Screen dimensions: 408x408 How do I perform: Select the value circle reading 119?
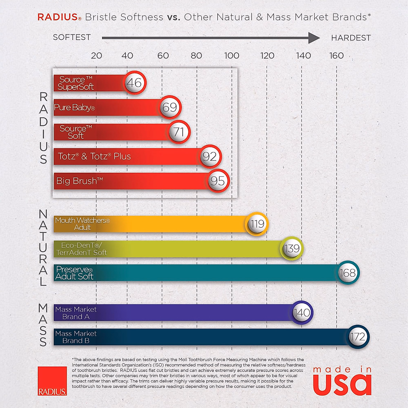click(x=257, y=224)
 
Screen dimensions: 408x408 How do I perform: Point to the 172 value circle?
click(x=358, y=337)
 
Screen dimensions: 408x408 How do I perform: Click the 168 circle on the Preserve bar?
click(x=348, y=273)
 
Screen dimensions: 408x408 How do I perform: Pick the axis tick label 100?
click(x=232, y=56)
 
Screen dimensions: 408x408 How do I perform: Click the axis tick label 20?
click(x=97, y=56)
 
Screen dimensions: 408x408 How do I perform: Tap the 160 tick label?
click(x=336, y=56)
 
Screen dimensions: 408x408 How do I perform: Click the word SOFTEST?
click(x=72, y=37)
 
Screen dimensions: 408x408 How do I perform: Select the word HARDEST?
click(x=351, y=38)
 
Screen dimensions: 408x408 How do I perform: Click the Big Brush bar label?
click(x=80, y=181)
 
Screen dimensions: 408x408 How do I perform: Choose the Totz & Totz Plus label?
click(x=94, y=156)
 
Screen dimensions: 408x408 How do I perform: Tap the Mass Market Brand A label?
click(x=76, y=313)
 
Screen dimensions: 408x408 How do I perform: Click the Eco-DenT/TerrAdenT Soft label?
click(x=82, y=249)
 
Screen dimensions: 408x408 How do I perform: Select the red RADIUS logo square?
click(x=52, y=381)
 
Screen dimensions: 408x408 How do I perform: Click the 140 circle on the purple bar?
click(x=302, y=312)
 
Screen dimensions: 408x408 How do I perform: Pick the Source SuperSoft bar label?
click(x=76, y=83)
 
